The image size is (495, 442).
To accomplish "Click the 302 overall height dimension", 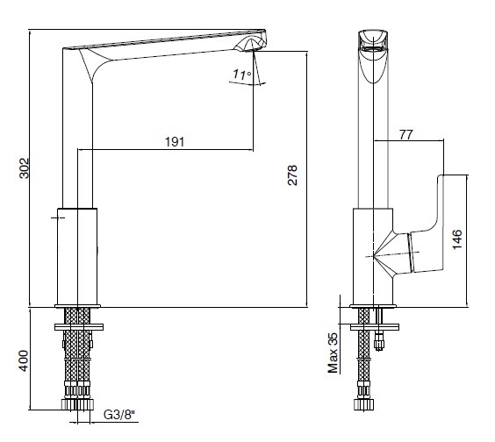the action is (x=25, y=168).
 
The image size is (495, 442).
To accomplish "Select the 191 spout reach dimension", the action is (x=175, y=142).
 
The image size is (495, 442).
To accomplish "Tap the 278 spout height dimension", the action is (x=292, y=175).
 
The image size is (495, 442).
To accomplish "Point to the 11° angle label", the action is (x=242, y=75).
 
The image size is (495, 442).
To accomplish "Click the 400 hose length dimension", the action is (x=25, y=360).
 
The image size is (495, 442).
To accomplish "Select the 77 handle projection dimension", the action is (x=405, y=135).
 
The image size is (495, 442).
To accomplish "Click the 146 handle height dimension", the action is (x=457, y=239).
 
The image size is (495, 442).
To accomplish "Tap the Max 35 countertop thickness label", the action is (x=333, y=353).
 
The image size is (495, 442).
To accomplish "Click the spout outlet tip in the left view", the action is (x=253, y=51).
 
